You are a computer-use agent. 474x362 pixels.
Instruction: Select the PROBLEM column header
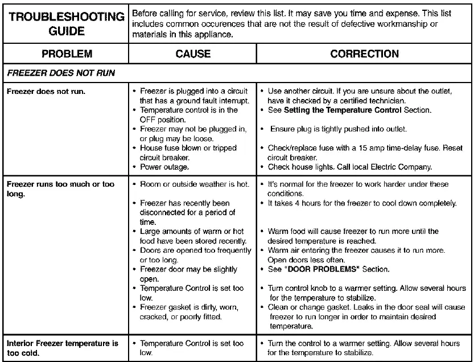(67, 54)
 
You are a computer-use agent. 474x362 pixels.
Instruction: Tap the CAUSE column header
(193, 54)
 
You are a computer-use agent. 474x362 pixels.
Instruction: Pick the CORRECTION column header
(364, 54)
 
